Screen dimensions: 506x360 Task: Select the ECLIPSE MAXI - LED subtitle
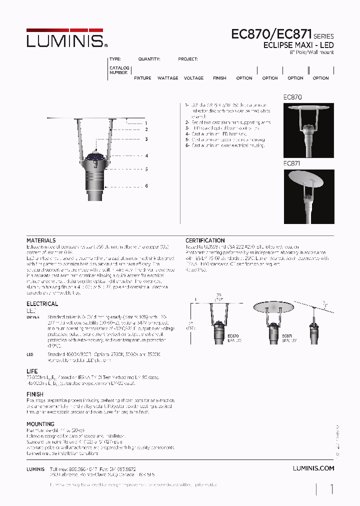click(x=298, y=45)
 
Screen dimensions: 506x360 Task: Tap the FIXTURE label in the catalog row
click(x=142, y=78)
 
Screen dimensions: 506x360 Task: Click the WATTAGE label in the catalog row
click(x=167, y=78)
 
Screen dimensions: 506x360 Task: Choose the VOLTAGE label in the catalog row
click(x=193, y=78)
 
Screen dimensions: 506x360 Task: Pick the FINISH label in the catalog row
click(x=219, y=78)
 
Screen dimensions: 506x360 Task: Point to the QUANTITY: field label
click(x=149, y=59)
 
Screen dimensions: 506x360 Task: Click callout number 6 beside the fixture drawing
click(x=146, y=186)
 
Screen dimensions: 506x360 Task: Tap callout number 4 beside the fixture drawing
click(x=146, y=156)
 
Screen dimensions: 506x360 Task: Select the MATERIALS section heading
click(x=41, y=240)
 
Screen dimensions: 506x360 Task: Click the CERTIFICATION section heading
click(x=205, y=240)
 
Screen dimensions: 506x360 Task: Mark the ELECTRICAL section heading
click(x=42, y=303)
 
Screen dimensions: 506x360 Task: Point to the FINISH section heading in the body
click(x=34, y=394)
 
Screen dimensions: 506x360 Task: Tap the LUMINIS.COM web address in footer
click(x=313, y=468)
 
